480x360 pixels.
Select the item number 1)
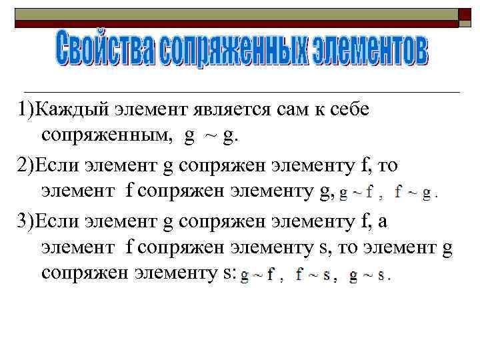(26, 110)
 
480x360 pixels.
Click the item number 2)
(26, 165)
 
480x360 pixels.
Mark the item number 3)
(26, 219)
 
